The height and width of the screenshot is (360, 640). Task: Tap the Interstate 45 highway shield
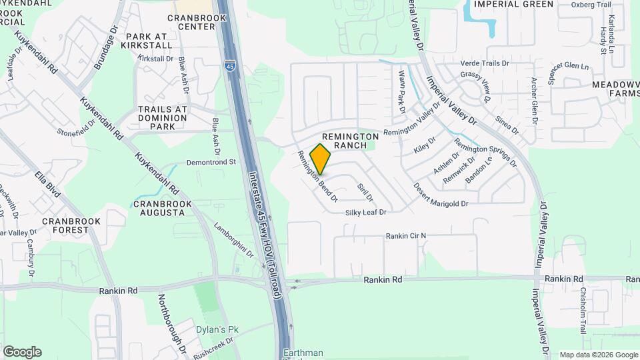point(229,66)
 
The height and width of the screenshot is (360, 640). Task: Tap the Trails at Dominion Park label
point(162,117)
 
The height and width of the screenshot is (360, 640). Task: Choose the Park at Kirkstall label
point(146,41)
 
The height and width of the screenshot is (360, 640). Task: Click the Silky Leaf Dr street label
point(365,212)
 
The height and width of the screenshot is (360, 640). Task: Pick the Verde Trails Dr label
point(485,63)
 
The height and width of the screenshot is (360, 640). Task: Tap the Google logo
point(22,352)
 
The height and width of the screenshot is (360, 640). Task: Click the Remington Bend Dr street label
point(317,177)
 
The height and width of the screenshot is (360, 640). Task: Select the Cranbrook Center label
point(191,22)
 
